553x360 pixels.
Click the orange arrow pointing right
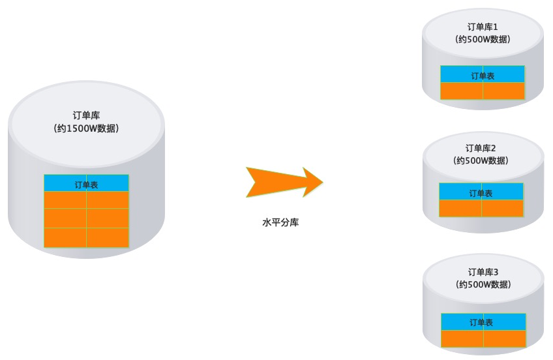pos(284,182)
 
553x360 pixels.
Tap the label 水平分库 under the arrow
pos(280,222)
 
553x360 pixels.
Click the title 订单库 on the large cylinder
pos(86,115)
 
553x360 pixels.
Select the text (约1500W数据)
pos(86,128)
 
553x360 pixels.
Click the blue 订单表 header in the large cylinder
pos(86,185)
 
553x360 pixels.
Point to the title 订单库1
pos(483,27)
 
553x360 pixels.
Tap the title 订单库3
pos(483,272)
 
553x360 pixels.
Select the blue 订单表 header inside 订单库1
pos(483,76)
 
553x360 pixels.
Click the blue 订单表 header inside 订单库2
pos(481,193)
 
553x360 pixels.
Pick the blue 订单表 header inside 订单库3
pos(483,322)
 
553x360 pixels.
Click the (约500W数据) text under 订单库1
pos(483,39)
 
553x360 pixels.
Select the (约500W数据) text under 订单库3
pos(483,284)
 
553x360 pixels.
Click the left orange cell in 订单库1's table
pos(462,91)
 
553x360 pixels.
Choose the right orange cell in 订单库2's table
pos(502,208)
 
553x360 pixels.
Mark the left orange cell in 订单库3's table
pos(462,338)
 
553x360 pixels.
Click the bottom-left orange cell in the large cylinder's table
pos(65,237)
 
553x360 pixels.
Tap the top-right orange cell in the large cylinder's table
pos(108,200)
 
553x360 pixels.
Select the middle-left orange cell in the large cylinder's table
pos(65,218)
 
